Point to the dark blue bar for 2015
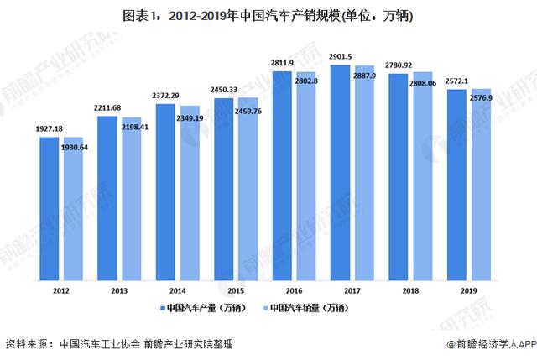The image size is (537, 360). coord(225,188)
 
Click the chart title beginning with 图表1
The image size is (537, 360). coord(268,13)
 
